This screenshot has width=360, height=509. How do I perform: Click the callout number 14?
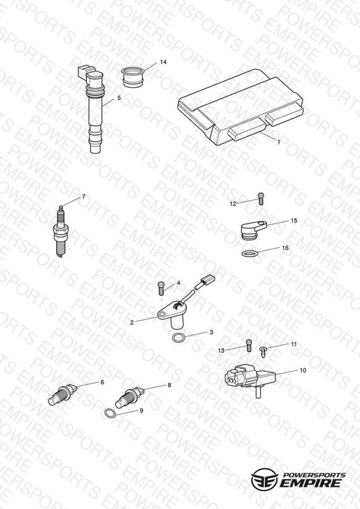point(163,62)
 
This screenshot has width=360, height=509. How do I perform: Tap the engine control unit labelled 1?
point(241,107)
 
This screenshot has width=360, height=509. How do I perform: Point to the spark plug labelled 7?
point(61,231)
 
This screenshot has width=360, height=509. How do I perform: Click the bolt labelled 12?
point(261,198)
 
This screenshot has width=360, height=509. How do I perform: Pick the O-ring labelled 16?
point(250,253)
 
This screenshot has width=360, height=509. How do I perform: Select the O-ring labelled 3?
point(178,338)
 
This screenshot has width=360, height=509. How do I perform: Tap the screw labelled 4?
point(161,288)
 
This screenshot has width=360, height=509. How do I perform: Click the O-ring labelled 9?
point(110,413)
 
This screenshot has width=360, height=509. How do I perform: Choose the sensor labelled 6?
point(62,394)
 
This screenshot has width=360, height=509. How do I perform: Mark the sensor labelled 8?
point(130,397)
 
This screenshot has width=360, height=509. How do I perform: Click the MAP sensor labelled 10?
point(249,381)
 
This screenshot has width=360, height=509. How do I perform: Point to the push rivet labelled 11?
point(263,351)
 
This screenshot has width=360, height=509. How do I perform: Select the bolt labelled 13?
point(249,345)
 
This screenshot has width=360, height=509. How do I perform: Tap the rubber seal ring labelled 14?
point(133,77)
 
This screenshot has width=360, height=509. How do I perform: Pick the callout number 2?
point(132,322)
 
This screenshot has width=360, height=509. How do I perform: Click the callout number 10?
point(303,370)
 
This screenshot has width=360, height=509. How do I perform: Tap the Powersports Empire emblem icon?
point(264,479)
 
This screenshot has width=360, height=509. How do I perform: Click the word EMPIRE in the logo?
point(311,483)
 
